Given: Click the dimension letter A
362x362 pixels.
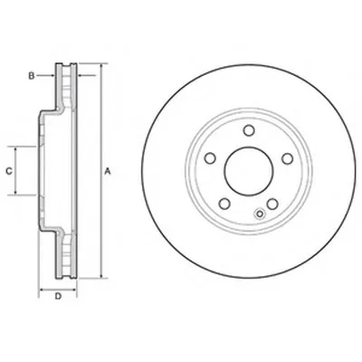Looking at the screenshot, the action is point(108,172).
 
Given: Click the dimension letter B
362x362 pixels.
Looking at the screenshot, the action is point(32,76).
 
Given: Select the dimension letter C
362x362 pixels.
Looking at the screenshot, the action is point(9,171).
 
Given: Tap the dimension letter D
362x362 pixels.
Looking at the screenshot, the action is point(58,296).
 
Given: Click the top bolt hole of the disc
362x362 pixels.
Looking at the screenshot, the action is point(249,130).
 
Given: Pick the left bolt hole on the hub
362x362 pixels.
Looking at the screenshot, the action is point(210,158).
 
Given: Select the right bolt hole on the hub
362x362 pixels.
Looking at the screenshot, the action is point(287,158).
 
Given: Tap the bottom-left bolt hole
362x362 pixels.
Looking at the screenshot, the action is point(224,204).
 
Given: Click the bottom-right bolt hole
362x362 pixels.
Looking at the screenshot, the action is point(272,205).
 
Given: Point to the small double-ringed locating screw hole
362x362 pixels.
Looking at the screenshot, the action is point(260,214).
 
